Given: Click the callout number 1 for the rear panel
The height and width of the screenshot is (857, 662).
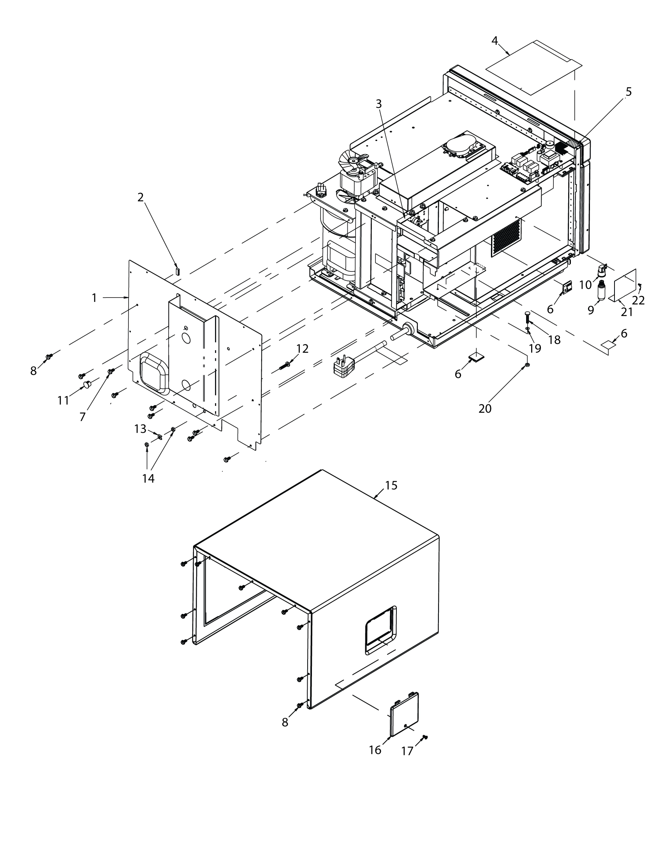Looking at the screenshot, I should (94, 298).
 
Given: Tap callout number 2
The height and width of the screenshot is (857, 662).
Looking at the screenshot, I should (141, 197).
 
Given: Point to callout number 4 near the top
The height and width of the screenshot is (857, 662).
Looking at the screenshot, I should (495, 41).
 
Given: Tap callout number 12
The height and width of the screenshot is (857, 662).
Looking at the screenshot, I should (302, 349).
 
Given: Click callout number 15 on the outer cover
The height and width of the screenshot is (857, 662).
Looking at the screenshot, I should (391, 485).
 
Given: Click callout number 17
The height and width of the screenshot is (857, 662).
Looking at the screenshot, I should (407, 751).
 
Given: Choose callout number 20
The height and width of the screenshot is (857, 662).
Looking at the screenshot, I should (485, 409).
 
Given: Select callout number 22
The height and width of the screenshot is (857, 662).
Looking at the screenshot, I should (639, 300).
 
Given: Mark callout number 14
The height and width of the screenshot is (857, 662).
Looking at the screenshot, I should (148, 478).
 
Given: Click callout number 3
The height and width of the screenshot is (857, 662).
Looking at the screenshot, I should (379, 104).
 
